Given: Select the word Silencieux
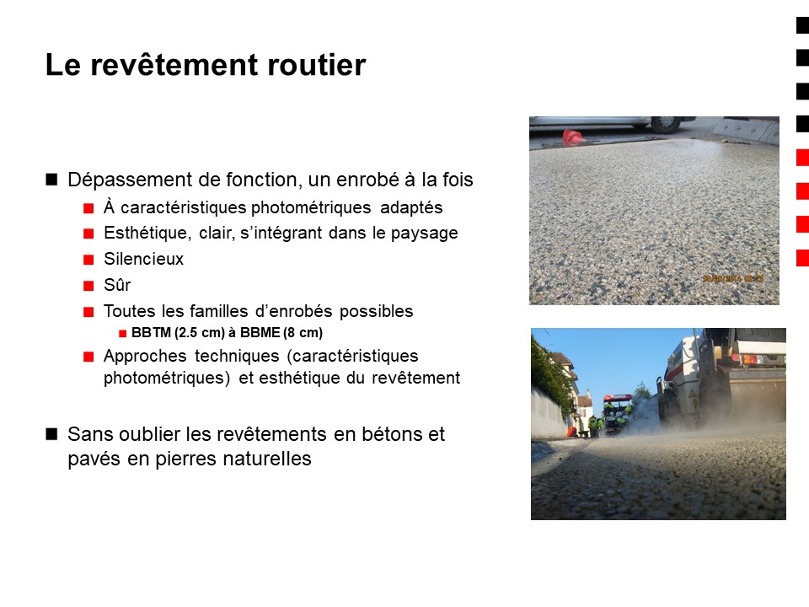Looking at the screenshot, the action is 143,259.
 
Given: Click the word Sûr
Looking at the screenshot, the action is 117,285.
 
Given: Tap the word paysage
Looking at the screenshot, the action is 424,234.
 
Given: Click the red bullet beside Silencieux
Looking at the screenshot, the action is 88,259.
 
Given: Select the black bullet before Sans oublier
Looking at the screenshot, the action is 51,433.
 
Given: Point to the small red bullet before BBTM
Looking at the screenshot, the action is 123,334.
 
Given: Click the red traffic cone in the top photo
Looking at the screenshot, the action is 572,137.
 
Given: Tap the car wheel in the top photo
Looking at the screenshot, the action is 666,124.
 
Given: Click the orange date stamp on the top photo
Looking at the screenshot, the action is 733,278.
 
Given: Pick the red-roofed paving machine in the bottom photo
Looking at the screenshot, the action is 617,413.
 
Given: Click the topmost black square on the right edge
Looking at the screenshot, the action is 803,25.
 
